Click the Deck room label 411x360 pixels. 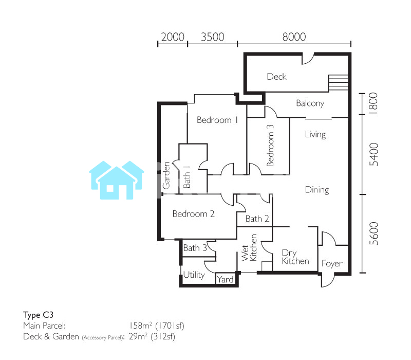tap(276, 77)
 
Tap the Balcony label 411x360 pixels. tap(310, 103)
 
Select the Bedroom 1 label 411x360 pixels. tap(217, 120)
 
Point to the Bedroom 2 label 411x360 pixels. tap(194, 214)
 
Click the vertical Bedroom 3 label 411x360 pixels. tap(270, 146)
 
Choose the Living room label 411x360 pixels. tap(315, 135)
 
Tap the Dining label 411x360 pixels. tap(317, 190)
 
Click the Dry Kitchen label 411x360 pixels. tap(295, 257)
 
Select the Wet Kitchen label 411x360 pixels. tap(249, 248)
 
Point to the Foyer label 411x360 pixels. tap(332, 263)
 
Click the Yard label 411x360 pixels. tap(225, 280)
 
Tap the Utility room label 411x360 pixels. tap(194, 275)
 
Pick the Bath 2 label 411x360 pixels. tap(257, 219)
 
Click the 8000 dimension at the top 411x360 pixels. tap(294, 37)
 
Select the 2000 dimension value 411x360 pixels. tap(173, 37)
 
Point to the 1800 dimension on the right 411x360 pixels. tap(373, 103)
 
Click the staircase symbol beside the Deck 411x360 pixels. tap(338, 83)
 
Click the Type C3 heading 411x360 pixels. tap(38, 315)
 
